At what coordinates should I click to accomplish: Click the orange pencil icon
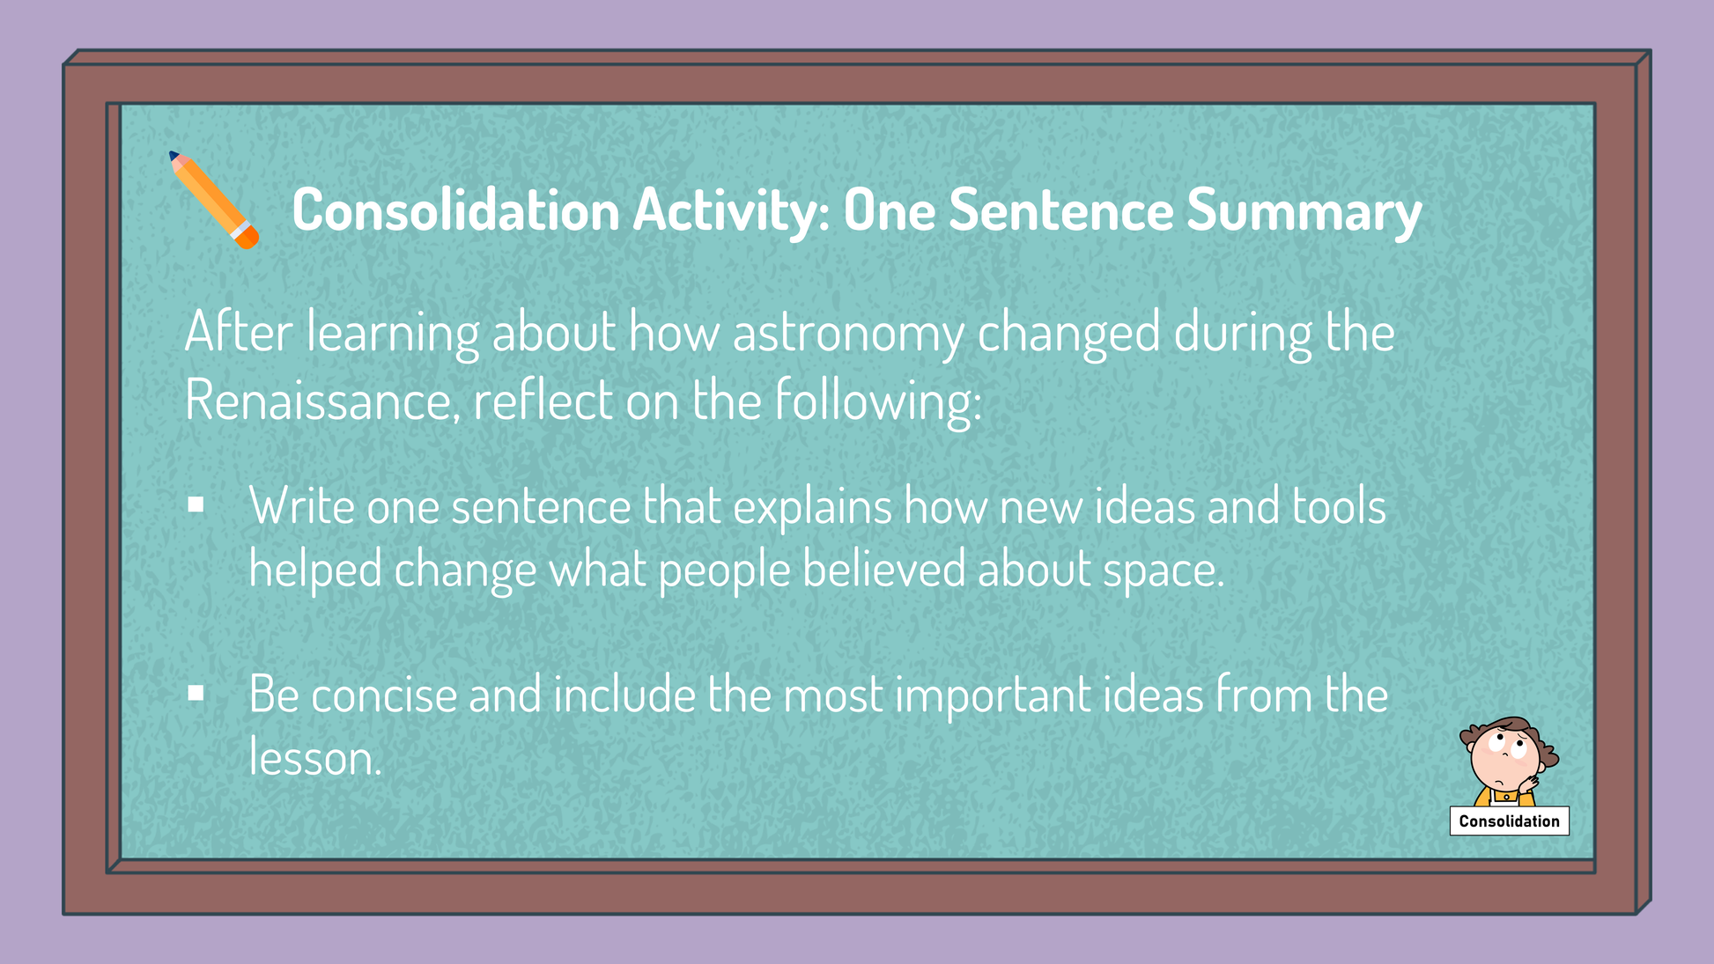pos(213,200)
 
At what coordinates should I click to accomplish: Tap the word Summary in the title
pos(1304,210)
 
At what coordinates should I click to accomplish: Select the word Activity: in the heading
pos(731,211)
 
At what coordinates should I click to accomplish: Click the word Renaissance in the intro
pos(322,401)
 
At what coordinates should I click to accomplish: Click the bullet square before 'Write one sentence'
pos(196,504)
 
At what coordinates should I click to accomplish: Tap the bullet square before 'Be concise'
pos(196,694)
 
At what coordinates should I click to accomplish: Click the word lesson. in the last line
pos(315,757)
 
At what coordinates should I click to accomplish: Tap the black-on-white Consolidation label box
pos(1510,821)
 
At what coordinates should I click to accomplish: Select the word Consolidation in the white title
pos(456,210)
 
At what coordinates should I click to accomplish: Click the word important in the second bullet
pos(993,696)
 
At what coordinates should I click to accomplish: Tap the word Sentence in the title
pos(1061,210)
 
